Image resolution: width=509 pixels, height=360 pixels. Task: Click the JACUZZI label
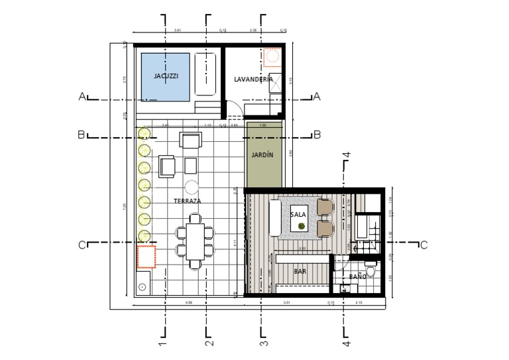point(166,76)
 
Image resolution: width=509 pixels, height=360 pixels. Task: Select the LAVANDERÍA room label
point(253,80)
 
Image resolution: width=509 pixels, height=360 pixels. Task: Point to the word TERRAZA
point(188,200)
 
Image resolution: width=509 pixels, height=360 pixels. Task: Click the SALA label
point(298,214)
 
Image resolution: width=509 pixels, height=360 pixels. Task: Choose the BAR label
point(299,270)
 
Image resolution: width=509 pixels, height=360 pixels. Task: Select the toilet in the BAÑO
point(372,270)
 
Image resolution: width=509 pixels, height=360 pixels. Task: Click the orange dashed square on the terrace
point(146,257)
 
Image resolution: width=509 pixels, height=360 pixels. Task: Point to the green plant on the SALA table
point(302,226)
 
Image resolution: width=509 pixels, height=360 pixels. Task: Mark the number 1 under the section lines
point(162,344)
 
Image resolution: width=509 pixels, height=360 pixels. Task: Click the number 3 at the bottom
point(263,344)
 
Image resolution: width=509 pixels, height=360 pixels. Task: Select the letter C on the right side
point(424,245)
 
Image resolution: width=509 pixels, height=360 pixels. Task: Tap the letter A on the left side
point(82,97)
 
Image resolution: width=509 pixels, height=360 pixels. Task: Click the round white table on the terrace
point(192,186)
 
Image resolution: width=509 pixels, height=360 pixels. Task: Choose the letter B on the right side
point(317,135)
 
